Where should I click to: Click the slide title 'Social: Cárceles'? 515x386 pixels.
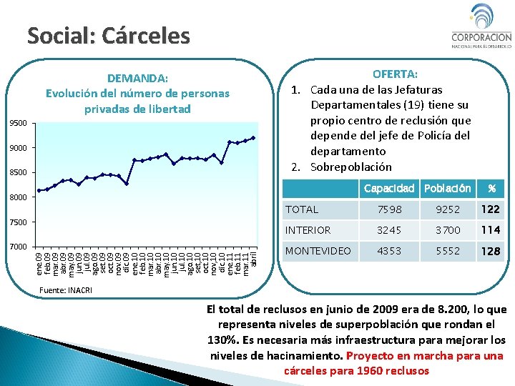tap(109, 35)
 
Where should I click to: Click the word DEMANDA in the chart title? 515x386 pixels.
tap(137, 78)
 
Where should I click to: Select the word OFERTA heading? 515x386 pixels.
tap(396, 74)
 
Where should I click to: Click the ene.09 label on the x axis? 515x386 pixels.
tap(39, 261)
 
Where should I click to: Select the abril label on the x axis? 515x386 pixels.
tap(254, 257)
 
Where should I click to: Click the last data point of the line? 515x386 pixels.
tap(253, 138)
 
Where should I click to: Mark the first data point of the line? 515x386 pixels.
tap(39, 190)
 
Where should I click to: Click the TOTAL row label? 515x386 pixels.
tap(302, 209)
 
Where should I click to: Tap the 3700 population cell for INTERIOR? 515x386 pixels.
tap(449, 230)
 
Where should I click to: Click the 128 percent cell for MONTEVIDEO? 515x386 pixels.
tap(491, 252)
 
